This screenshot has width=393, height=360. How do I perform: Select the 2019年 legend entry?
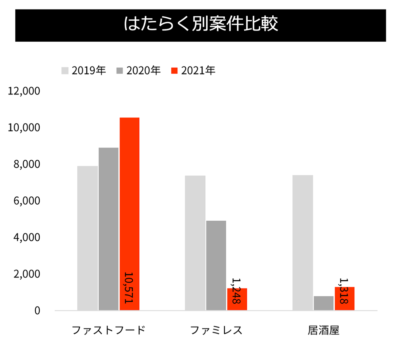click(x=84, y=70)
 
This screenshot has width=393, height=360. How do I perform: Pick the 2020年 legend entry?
click(x=139, y=70)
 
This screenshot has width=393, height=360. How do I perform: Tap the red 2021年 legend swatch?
click(x=175, y=71)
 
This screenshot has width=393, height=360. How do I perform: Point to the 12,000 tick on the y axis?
click(x=24, y=91)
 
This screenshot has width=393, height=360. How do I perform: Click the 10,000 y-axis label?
click(x=24, y=128)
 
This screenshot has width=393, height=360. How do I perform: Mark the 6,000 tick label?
click(x=27, y=201)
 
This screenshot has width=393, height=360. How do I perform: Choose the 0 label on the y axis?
click(x=37, y=310)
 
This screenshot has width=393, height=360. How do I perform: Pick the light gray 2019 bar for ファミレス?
click(x=195, y=243)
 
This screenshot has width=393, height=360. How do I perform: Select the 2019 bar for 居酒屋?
click(x=303, y=243)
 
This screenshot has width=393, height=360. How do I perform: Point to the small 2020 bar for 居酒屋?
click(x=324, y=303)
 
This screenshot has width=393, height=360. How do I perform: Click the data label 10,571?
click(x=128, y=287)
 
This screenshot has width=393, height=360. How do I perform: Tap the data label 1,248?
click(x=236, y=291)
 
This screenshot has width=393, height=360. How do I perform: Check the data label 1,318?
click(x=344, y=291)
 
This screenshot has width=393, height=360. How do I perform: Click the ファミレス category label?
click(x=216, y=330)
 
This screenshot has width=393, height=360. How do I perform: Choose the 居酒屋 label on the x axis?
click(x=323, y=330)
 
